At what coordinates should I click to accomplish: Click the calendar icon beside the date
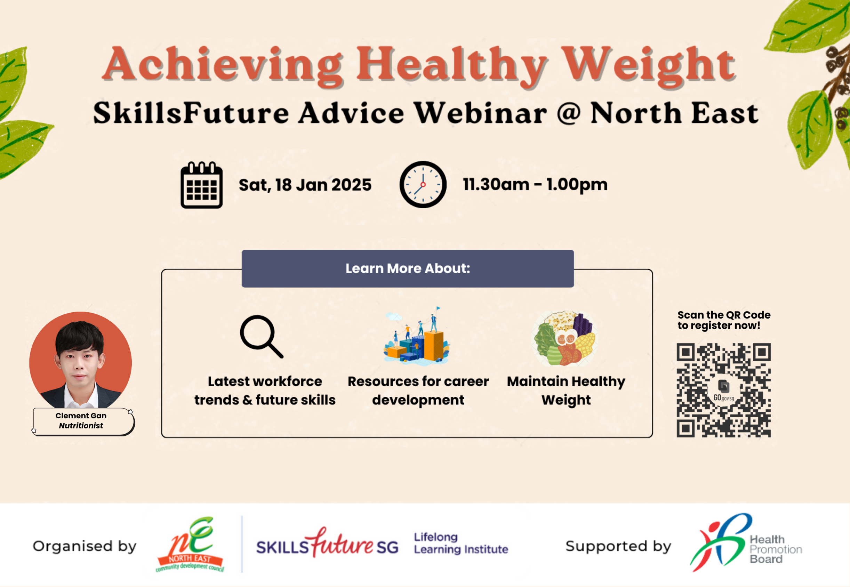[x=202, y=185]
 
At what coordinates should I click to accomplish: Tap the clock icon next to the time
[x=423, y=184]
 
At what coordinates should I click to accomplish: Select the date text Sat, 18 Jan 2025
[x=305, y=185]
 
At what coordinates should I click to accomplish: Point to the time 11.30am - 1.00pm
[x=535, y=184]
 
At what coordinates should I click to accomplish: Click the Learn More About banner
[x=408, y=268]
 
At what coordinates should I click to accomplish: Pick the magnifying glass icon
[x=261, y=336]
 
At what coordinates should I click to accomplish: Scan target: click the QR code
[x=723, y=390]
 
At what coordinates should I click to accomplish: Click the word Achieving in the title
[x=223, y=65]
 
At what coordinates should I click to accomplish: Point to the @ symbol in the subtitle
[x=568, y=113]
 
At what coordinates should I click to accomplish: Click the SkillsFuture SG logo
[x=327, y=544]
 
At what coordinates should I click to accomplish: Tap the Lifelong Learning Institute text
[x=460, y=543]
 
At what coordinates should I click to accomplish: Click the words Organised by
[x=85, y=546]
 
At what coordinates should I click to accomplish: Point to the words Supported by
[x=618, y=546]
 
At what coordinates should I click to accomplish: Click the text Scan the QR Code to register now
[x=723, y=320]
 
